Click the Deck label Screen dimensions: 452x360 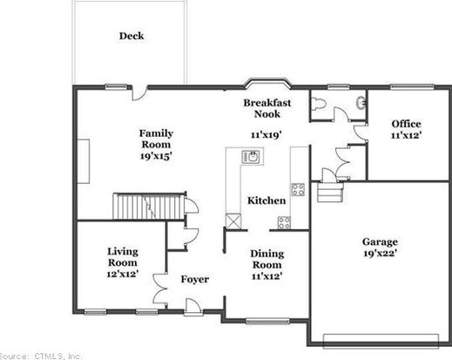tap(132, 36)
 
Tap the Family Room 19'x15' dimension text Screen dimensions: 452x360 tap(156, 156)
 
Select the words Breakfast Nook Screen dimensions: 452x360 tap(267, 108)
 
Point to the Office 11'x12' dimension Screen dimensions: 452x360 tap(406, 135)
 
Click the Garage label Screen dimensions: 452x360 tap(380, 241)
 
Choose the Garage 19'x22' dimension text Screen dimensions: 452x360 tap(380, 254)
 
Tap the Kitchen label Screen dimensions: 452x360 tap(266, 200)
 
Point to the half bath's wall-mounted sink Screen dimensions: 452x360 tap(361, 102)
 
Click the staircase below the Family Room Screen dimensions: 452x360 tap(149, 206)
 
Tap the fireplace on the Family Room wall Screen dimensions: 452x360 tap(84, 161)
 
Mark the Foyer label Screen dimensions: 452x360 tap(195, 279)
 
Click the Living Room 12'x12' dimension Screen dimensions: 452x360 tap(122, 274)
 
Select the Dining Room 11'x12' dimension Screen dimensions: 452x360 tap(266, 275)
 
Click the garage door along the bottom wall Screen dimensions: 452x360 tap(381, 341)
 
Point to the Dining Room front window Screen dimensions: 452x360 tap(267, 321)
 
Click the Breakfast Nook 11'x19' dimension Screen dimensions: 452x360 tap(266, 135)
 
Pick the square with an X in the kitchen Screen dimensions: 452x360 tap(233, 221)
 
